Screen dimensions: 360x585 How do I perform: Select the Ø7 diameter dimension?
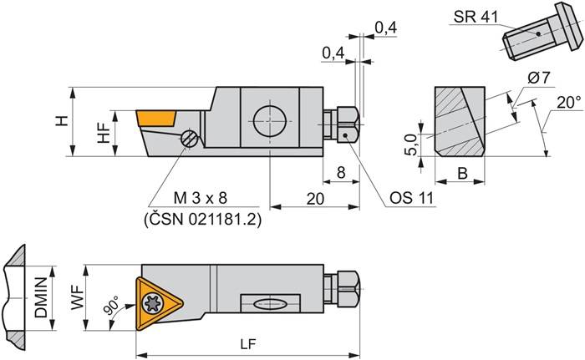click(x=539, y=79)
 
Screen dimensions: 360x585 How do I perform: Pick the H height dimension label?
click(x=61, y=121)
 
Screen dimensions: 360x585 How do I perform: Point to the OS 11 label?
click(x=409, y=200)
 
